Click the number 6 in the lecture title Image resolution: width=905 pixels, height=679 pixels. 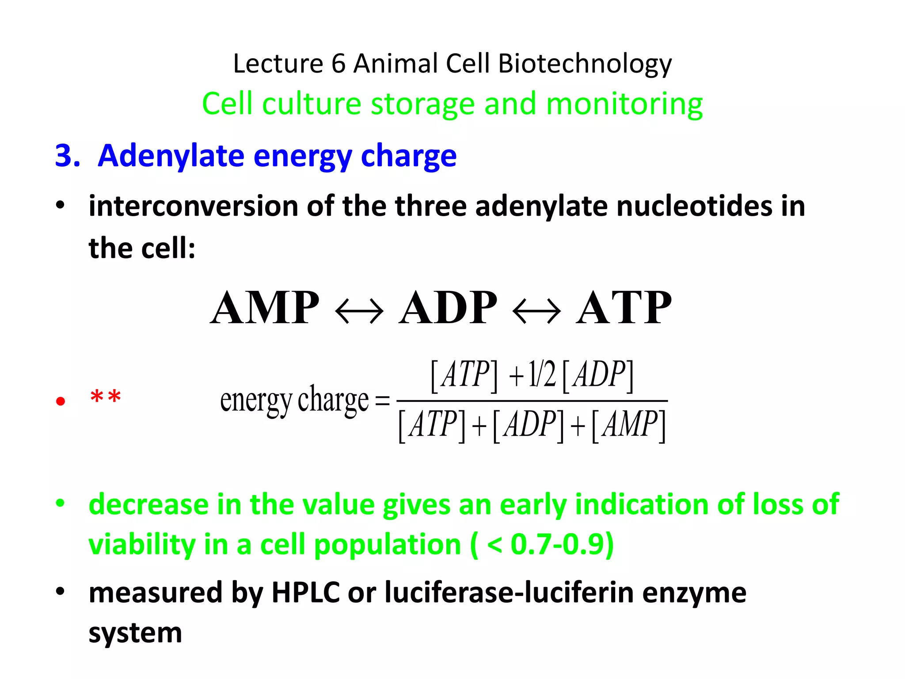(x=338, y=64)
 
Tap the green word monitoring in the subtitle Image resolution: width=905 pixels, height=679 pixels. (x=624, y=104)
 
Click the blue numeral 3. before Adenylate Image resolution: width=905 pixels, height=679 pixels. (x=68, y=156)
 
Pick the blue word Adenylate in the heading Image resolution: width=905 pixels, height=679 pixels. (x=171, y=157)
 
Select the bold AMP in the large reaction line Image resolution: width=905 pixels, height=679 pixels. (x=264, y=308)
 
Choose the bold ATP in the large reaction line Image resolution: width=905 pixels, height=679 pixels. (x=624, y=308)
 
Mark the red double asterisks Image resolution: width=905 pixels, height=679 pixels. (x=105, y=397)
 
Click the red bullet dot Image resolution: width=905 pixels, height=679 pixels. (x=61, y=401)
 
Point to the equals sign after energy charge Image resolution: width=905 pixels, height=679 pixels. (x=382, y=401)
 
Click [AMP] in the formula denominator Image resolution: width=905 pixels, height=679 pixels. (x=628, y=425)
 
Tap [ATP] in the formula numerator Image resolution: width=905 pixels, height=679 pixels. (x=464, y=375)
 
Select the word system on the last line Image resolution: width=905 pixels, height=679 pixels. (x=135, y=633)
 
